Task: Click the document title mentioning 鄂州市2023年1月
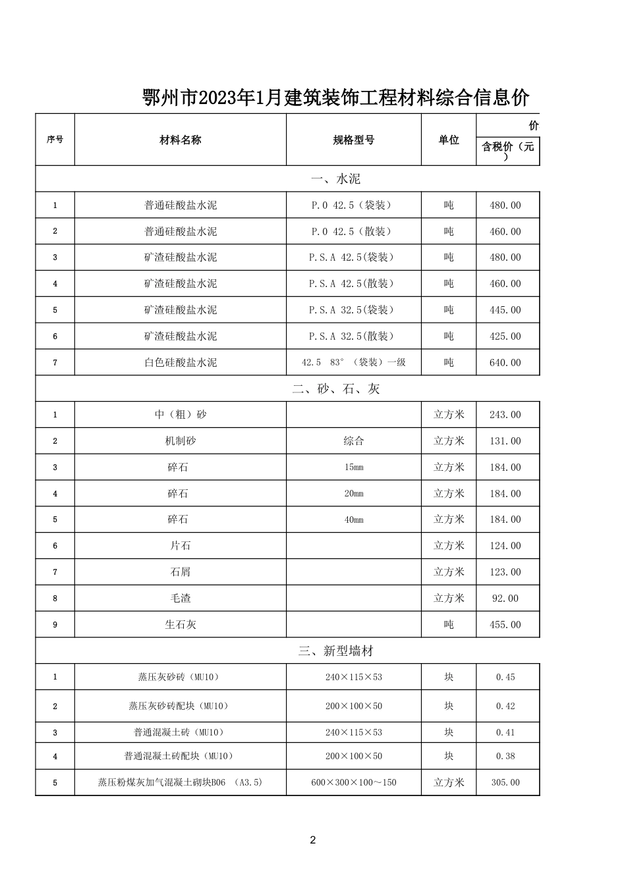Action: pos(336,98)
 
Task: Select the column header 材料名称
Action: pos(181,140)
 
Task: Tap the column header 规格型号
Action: pos(354,140)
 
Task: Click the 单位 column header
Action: pos(449,140)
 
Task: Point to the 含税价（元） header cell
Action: pos(507,151)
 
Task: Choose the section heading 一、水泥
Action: pos(336,179)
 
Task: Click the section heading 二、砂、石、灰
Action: pos(336,389)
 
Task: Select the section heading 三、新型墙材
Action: pos(336,651)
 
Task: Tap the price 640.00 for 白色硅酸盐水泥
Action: pos(505,363)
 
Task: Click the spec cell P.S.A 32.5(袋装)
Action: pos(354,310)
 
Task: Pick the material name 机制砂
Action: pos(181,441)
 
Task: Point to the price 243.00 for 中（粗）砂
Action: pos(505,415)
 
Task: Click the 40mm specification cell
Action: pos(354,520)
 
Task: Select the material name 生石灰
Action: pos(181,625)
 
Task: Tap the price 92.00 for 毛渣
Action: pos(505,599)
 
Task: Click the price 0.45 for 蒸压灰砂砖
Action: pos(505,678)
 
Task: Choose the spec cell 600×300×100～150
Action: pos(354,783)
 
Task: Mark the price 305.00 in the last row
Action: pos(505,783)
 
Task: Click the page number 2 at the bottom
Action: pos(313,840)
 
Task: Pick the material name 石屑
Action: pos(181,572)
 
